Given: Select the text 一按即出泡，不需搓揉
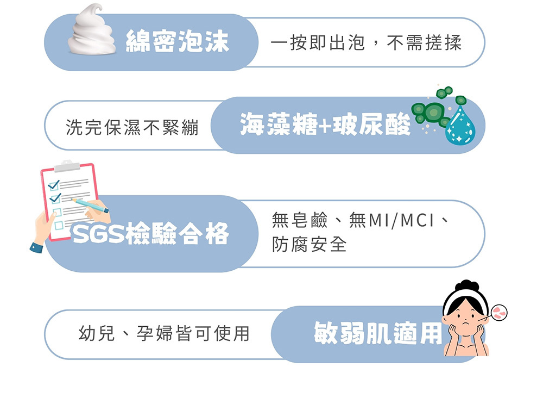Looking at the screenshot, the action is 366,43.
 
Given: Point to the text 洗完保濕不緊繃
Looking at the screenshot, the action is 132,127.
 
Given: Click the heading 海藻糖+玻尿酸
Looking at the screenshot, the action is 325,124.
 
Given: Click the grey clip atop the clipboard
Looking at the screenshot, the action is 67,166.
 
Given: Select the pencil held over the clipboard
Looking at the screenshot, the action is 90,205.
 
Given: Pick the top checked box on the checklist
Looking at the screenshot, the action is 54,185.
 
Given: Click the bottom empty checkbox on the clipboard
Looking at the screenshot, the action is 59,225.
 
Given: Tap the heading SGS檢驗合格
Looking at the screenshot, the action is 150,233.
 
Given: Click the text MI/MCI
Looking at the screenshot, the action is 402,221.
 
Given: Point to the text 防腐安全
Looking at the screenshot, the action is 309,244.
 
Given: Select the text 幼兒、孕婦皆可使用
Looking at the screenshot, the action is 164,333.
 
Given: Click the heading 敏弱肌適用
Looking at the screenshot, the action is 378,333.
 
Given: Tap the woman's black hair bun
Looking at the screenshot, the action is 467,286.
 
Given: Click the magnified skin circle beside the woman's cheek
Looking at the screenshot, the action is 499,313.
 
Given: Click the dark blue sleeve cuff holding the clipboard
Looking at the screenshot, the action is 36,247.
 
